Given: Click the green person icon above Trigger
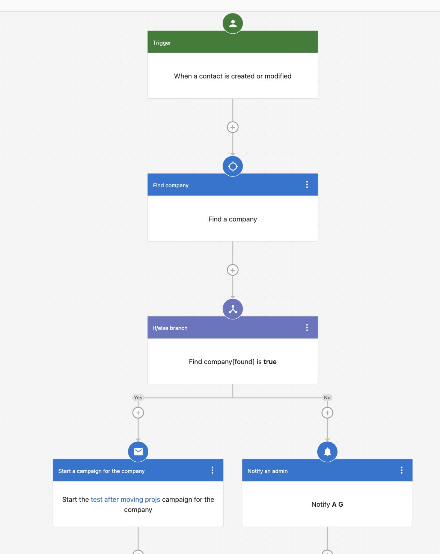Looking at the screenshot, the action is (232, 23).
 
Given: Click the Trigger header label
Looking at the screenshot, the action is (162, 43).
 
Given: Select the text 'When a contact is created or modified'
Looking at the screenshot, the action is (232, 76).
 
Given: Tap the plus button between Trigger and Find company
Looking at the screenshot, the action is (232, 127).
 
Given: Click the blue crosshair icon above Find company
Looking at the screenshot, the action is (232, 166).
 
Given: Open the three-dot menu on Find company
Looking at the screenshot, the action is (307, 185).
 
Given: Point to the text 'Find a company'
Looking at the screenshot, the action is (232, 219).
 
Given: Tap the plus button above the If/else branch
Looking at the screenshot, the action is (232, 270).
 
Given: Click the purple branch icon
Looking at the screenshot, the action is (232, 309).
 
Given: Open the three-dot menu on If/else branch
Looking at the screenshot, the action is (307, 327).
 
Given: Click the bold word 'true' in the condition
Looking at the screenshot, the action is (270, 362).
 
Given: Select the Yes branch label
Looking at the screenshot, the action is (138, 397).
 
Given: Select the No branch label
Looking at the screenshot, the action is (327, 397).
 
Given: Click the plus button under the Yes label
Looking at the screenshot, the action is (138, 413).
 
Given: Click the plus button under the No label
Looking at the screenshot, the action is (327, 413).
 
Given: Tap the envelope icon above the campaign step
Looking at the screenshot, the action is (138, 452).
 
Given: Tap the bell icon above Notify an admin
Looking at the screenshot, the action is (327, 452).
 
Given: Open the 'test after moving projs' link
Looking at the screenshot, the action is (125, 500).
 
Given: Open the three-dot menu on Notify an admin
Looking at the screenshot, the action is (401, 470).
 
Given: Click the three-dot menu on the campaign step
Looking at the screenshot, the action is (212, 470).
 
